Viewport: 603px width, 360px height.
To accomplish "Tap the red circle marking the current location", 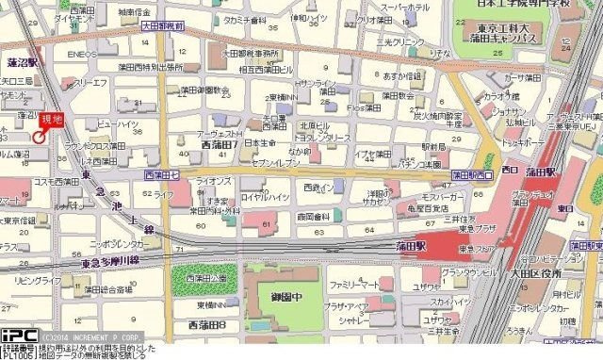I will [x=39, y=137].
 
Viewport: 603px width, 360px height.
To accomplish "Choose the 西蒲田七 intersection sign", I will [x=159, y=175].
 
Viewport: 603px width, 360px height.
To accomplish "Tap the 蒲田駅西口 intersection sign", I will [x=472, y=175].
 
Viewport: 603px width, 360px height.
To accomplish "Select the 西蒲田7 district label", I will [x=220, y=145].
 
